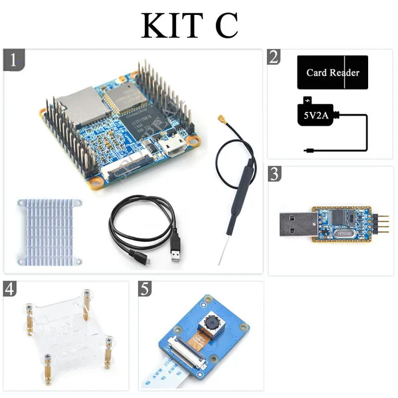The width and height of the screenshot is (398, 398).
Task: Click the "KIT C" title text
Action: [x=190, y=25]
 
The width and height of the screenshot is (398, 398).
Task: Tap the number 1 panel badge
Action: [x=14, y=60]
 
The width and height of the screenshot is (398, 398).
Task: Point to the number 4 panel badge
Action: [x=11, y=289]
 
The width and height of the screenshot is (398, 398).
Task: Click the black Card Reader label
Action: [x=333, y=73]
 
